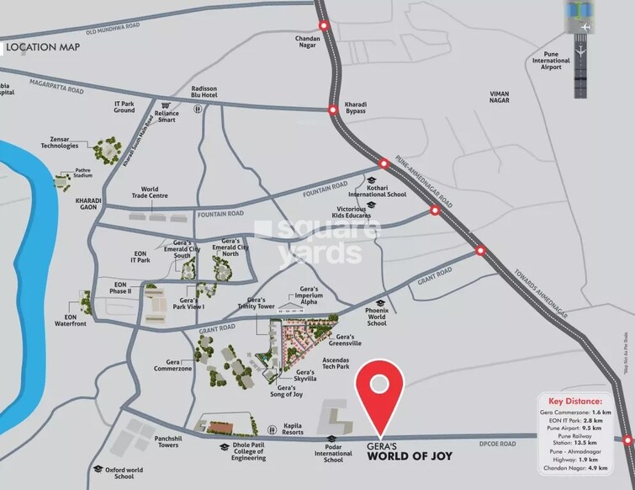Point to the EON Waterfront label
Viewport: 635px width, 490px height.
pyautogui.click(x=71, y=318)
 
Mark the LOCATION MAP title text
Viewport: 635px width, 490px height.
pyautogui.click(x=44, y=47)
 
